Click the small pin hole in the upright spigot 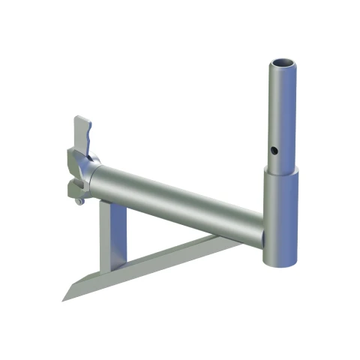tap(276, 150)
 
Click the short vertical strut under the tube tap(114, 232)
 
